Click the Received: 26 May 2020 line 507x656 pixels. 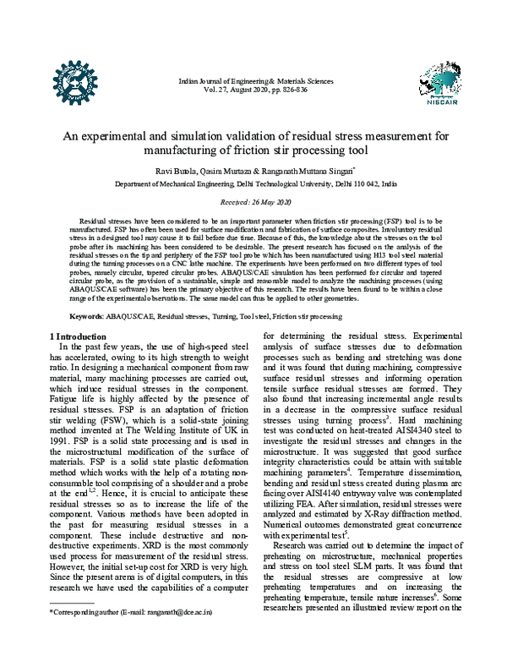(x=253, y=203)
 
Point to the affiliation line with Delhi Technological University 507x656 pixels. (x=253, y=183)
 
